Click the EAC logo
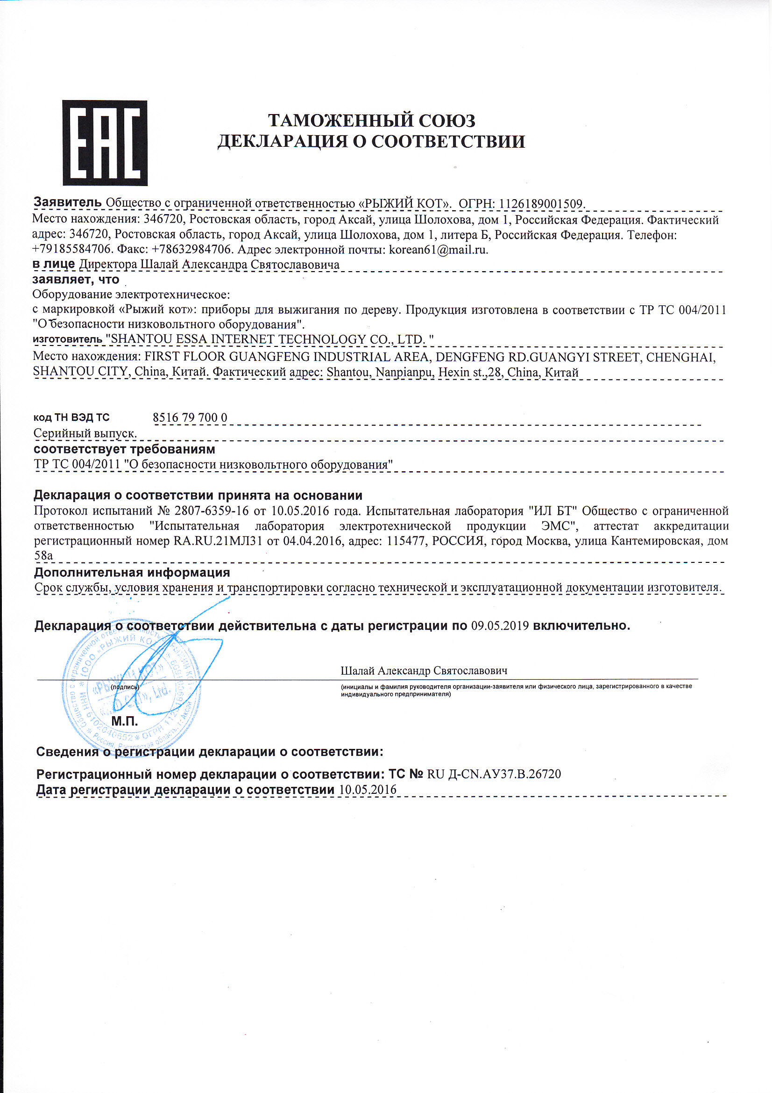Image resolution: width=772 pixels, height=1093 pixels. (x=105, y=143)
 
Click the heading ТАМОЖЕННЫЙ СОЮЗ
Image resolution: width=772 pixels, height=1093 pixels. (x=371, y=121)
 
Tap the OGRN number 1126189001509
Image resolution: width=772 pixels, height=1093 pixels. (x=541, y=204)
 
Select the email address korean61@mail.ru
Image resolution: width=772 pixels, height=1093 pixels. (x=438, y=250)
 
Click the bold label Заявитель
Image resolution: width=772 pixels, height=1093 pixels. (x=67, y=202)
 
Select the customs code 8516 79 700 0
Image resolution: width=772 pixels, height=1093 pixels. (x=190, y=418)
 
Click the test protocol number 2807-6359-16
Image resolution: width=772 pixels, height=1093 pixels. (x=211, y=511)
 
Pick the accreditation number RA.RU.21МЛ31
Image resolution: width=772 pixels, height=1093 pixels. (x=217, y=541)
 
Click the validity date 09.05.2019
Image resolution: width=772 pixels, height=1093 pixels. (x=500, y=626)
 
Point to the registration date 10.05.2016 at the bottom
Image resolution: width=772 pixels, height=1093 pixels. (x=367, y=790)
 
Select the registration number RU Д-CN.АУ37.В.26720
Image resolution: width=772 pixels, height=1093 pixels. (x=494, y=775)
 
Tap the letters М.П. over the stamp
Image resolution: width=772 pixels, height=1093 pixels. (x=125, y=722)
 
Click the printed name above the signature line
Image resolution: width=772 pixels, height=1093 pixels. (x=424, y=671)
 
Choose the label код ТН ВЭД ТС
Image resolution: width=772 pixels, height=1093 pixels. (x=71, y=418)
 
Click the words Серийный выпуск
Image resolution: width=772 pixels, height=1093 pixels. (x=85, y=434)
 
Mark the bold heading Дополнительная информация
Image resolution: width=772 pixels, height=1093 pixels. (x=132, y=573)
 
